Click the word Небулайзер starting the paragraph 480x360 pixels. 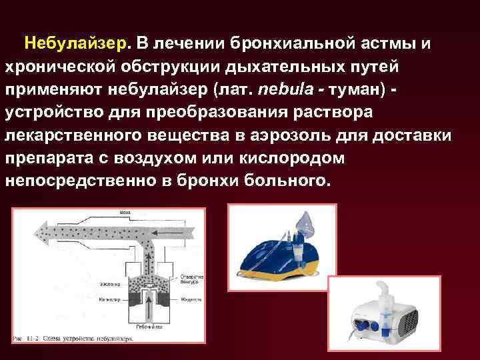(x=74, y=43)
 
